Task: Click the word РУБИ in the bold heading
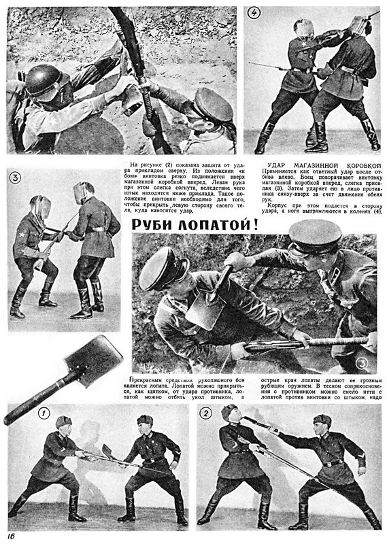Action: tap(156, 224)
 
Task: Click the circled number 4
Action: tap(254, 13)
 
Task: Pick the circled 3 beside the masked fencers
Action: tap(16, 179)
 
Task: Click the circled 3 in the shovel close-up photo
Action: tap(360, 363)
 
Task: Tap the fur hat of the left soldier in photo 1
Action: tap(63, 422)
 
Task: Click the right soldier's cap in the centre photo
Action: tap(315, 235)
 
